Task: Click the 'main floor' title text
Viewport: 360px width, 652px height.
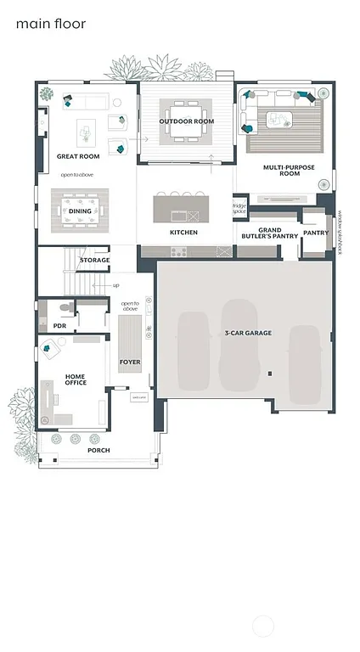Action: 51,25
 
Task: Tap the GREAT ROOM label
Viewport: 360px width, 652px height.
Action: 78,156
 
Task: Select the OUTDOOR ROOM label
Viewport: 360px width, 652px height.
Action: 186,121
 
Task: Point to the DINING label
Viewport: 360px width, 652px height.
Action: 80,211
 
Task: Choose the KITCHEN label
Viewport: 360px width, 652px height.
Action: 183,232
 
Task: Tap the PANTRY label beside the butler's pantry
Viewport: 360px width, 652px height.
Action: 316,232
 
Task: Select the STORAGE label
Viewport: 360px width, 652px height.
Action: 94,260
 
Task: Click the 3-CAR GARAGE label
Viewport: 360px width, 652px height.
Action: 248,333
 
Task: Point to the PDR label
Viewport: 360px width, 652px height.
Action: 59,325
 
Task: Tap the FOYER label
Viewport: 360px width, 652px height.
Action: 130,362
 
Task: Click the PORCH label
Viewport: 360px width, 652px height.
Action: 98,450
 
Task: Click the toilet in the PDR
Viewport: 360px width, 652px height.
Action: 64,310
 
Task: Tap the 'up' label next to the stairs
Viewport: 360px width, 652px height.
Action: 115,285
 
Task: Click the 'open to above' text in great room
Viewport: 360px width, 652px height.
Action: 78,174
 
